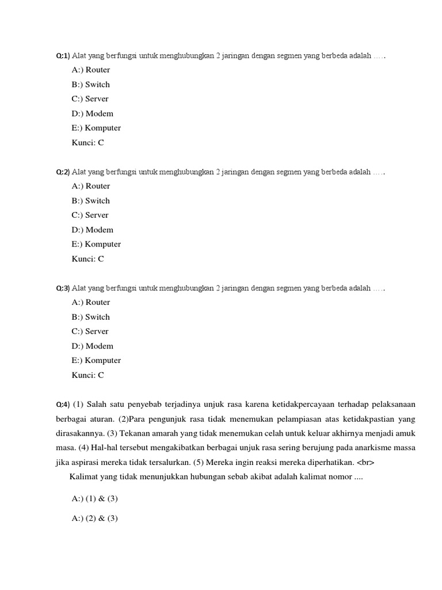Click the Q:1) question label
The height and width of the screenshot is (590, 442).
click(62, 56)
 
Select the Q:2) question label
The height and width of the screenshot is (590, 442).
click(62, 172)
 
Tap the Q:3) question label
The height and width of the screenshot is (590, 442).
click(62, 288)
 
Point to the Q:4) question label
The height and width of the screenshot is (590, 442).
click(62, 404)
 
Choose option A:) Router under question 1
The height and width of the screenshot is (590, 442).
click(90, 70)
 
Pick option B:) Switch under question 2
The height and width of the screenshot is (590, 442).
click(90, 201)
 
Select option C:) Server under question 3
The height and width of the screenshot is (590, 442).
click(90, 331)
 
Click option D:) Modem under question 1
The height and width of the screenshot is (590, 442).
click(92, 114)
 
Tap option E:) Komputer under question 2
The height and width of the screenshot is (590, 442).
click(96, 244)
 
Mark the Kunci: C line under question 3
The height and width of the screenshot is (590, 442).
click(87, 375)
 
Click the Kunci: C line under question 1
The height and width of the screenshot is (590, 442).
click(87, 142)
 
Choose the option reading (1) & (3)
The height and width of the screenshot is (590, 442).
click(94, 498)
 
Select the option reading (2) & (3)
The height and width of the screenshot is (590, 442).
click(94, 518)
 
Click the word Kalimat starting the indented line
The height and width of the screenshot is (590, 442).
click(84, 477)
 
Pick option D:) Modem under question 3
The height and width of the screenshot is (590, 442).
click(92, 346)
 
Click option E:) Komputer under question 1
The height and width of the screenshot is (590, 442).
click(96, 128)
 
